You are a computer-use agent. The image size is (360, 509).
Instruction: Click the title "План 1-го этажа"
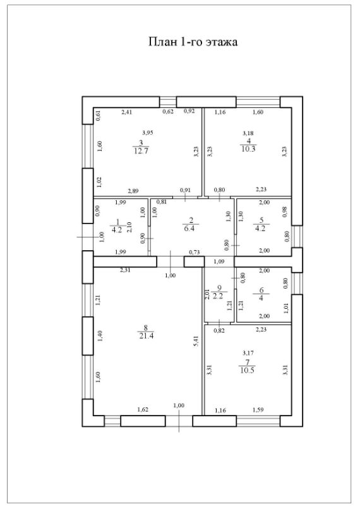193,42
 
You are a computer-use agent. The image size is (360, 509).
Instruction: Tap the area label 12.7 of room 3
141,151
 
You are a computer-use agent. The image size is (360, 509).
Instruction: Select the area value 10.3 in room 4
248,148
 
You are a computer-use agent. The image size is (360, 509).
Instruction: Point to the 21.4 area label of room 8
147,336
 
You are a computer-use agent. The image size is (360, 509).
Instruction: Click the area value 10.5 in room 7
248,370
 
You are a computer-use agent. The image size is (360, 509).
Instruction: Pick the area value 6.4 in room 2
189,228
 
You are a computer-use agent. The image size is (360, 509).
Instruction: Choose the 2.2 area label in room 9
218,296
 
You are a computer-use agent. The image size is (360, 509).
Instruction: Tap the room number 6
261,290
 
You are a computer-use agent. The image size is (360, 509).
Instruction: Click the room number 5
261,220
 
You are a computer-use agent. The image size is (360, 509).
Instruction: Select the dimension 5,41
196,341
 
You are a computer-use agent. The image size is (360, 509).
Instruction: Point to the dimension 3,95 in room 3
148,133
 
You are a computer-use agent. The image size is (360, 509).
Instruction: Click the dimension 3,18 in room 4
248,133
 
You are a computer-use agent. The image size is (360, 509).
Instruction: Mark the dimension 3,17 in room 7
248,352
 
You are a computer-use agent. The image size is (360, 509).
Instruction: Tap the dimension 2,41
126,112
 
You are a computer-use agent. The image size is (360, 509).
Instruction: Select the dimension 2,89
133,191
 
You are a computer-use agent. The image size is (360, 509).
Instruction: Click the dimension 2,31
125,270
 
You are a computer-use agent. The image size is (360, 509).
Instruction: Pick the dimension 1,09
219,261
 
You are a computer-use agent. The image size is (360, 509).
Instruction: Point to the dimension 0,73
195,252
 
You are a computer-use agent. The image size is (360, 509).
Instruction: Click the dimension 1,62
143,410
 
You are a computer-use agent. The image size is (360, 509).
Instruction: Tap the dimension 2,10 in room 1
129,227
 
